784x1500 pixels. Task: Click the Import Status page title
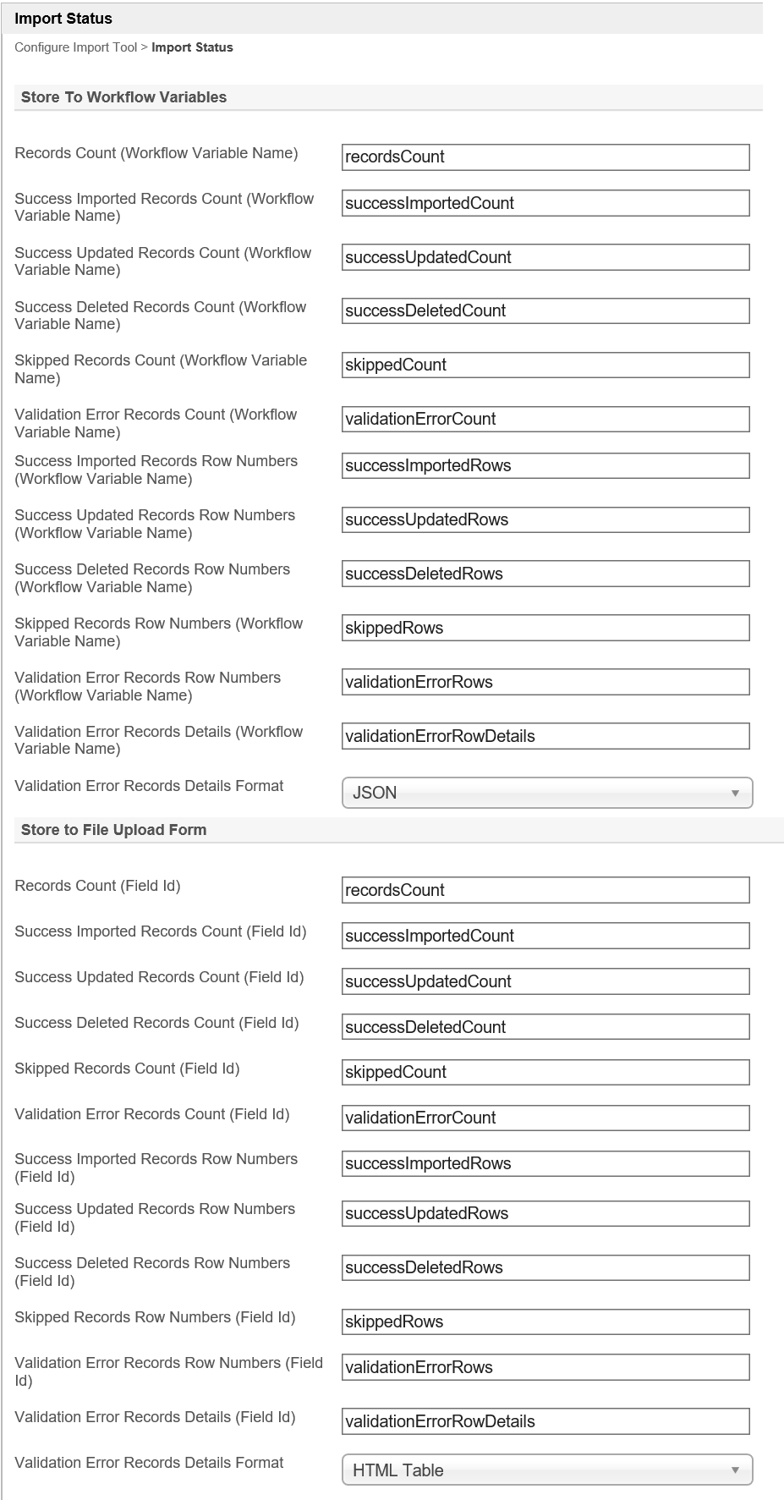(63, 19)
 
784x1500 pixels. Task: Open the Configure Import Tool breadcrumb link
(75, 47)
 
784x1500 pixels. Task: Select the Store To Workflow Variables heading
(123, 97)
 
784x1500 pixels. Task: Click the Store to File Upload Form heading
(113, 830)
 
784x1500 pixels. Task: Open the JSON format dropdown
(546, 793)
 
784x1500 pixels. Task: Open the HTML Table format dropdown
(546, 1470)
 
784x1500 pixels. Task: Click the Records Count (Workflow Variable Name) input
(546, 157)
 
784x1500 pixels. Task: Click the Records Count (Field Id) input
(546, 890)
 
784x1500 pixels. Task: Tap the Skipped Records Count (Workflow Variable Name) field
(546, 365)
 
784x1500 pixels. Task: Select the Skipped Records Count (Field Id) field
(546, 1073)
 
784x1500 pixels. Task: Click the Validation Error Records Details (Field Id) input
(546, 1421)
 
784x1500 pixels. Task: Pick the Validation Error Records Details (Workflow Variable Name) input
(546, 736)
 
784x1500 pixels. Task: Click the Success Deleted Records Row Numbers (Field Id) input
(546, 1267)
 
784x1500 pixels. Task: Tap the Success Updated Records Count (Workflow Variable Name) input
(546, 257)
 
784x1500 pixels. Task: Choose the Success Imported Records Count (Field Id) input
(546, 936)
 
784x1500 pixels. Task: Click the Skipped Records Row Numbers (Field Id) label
(155, 1317)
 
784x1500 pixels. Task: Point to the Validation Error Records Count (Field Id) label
(151, 1114)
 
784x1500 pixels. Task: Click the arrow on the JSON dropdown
(735, 793)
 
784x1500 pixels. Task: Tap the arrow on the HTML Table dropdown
(735, 1470)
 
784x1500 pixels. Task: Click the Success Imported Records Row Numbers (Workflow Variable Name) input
(546, 465)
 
